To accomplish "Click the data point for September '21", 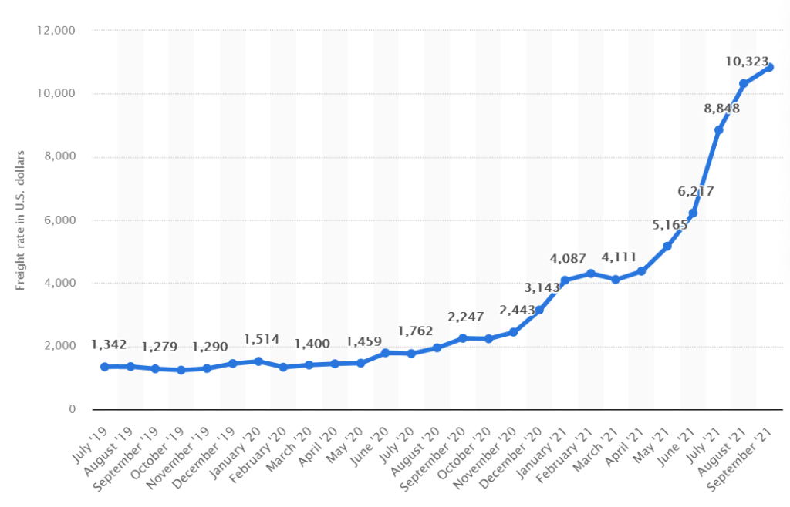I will click(769, 67).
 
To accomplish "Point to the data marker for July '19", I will click(104, 366).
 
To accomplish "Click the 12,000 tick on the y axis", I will click(52, 31).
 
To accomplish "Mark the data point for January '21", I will click(565, 280).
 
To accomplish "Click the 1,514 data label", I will click(261, 340).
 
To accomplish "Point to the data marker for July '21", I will click(718, 130).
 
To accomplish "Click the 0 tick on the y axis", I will click(69, 409).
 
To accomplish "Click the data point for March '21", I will click(616, 280).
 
